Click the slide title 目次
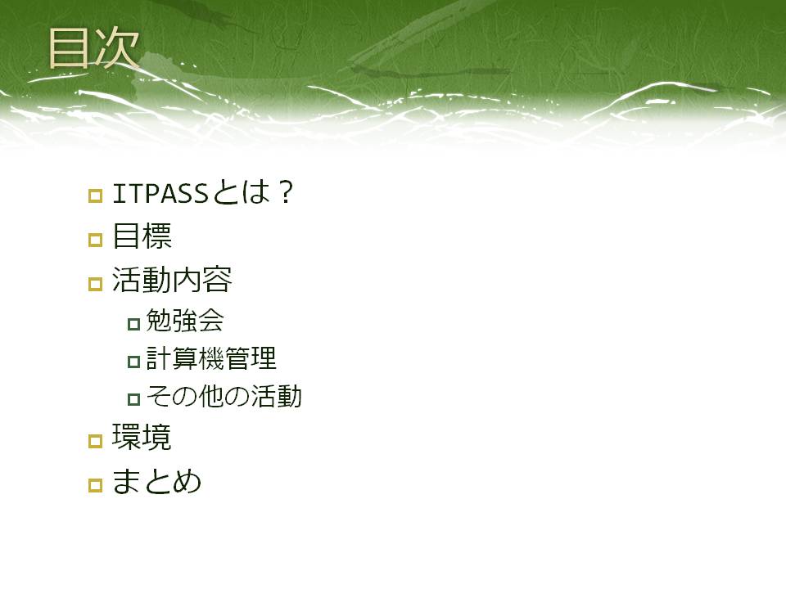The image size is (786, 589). pyautogui.click(x=93, y=48)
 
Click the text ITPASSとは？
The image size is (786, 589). pyautogui.click(x=203, y=192)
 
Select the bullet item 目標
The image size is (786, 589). pyautogui.click(x=142, y=236)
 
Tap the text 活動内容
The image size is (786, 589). pyautogui.click(x=172, y=280)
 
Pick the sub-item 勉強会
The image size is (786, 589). pyautogui.click(x=184, y=321)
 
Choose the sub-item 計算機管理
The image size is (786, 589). pyautogui.click(x=211, y=358)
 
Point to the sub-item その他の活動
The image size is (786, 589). pyautogui.click(x=224, y=396)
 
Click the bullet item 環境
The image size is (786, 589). pyautogui.click(x=142, y=437)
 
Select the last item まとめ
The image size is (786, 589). pyautogui.click(x=157, y=481)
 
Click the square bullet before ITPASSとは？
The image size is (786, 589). pyautogui.click(x=95, y=196)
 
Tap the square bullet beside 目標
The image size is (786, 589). pyautogui.click(x=95, y=240)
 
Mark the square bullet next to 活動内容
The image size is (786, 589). pyautogui.click(x=95, y=284)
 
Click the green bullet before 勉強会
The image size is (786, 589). pyautogui.click(x=133, y=324)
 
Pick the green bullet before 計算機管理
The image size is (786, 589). pyautogui.click(x=133, y=362)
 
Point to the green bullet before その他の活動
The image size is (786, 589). pyautogui.click(x=133, y=399)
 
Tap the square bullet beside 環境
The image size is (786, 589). pyautogui.click(x=95, y=441)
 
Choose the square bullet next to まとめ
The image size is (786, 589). pyautogui.click(x=95, y=485)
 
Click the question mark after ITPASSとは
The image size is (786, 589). pyautogui.click(x=287, y=193)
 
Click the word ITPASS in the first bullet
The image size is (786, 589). pyautogui.click(x=160, y=193)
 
